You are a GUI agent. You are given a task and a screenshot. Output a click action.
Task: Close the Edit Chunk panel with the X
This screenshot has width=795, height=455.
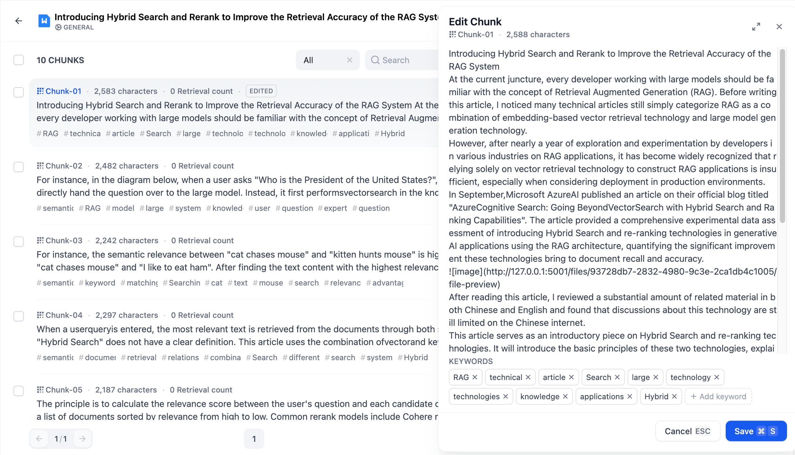coord(779,27)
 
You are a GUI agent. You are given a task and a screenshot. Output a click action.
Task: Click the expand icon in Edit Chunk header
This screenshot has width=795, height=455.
coord(756,27)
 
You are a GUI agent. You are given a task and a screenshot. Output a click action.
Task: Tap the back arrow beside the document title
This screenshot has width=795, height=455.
coord(19,21)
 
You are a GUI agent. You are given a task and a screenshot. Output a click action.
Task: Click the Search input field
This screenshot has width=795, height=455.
coord(402,60)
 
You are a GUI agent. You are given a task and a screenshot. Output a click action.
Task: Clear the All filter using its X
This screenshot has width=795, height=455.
coord(350,60)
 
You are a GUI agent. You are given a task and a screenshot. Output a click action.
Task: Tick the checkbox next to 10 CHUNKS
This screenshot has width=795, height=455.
coord(19,60)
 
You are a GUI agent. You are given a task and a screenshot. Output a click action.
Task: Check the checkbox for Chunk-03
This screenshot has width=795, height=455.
coord(19,241)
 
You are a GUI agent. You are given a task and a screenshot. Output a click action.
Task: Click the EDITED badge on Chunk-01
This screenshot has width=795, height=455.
coord(261,91)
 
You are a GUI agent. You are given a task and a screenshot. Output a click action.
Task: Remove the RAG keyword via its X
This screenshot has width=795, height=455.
coord(475,377)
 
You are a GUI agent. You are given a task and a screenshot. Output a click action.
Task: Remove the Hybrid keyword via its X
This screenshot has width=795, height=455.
coord(674,396)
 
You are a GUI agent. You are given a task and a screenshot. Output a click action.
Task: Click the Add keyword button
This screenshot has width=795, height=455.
coord(718,396)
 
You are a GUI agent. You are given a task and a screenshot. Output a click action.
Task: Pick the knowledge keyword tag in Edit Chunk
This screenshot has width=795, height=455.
coord(539,396)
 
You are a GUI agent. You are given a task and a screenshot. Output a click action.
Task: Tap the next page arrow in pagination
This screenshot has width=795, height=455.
coord(82,439)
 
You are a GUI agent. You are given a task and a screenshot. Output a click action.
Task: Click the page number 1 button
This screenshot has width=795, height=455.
coord(254,439)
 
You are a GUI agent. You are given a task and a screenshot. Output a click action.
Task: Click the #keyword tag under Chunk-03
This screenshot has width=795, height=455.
coord(97,283)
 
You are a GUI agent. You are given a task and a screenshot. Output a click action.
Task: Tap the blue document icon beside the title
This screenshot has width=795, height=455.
coord(44,21)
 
